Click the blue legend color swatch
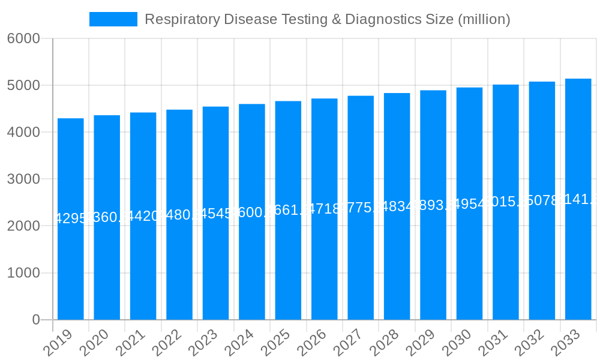113,19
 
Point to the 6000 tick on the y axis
23,38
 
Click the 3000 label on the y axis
23,179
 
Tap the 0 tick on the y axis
36,320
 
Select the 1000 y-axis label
23,273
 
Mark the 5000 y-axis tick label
23,85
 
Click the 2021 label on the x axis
131,343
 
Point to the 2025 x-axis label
276,343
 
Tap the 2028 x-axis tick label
385,343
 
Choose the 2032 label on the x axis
530,343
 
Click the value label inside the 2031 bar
505,202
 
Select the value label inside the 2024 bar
251,212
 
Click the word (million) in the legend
484,19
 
